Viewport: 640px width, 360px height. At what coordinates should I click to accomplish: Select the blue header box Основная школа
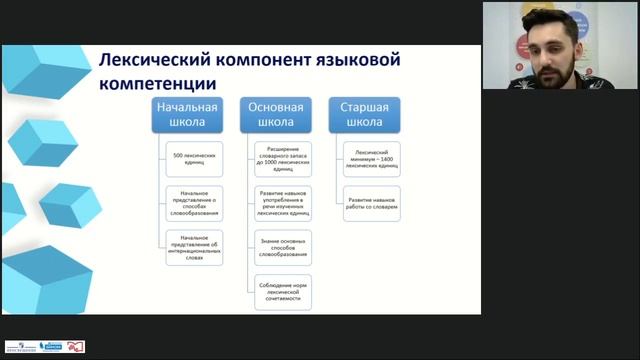(269, 115)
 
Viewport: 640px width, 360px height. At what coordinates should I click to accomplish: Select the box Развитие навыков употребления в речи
(283, 203)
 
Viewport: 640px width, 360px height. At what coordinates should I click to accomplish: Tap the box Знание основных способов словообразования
(283, 246)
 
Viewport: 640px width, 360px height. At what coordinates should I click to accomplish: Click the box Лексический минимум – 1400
(372, 158)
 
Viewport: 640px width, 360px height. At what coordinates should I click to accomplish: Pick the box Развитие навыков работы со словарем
(372, 200)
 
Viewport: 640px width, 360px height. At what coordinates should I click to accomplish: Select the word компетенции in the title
(157, 84)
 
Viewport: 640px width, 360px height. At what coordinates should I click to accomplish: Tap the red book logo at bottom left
(76, 346)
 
